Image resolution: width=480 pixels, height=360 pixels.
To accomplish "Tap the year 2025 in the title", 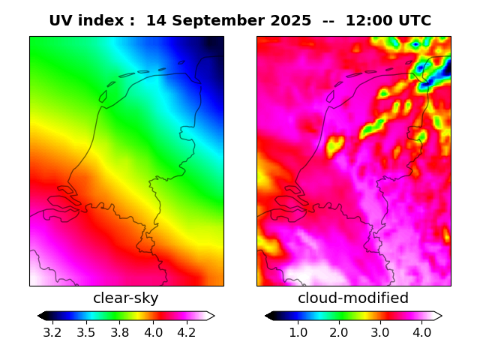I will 289,21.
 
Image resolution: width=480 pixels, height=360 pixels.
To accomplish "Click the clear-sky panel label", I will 126,298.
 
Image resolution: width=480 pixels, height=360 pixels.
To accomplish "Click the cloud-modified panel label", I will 353,298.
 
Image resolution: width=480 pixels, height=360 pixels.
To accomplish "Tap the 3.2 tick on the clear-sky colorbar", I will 52,332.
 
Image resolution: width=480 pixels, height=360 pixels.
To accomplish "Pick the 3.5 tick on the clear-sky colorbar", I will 86,332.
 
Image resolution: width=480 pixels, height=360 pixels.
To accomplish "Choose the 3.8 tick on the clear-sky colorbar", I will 119,332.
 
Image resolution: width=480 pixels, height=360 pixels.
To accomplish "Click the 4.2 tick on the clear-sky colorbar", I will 187,332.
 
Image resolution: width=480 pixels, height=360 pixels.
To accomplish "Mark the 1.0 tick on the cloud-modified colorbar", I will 298,332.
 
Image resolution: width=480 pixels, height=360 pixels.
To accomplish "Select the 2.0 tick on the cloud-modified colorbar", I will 339,332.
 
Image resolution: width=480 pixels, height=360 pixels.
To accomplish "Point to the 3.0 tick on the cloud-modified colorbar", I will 380,332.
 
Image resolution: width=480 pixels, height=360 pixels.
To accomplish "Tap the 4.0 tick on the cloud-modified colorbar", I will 421,332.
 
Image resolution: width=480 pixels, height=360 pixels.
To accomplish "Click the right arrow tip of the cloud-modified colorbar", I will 441,316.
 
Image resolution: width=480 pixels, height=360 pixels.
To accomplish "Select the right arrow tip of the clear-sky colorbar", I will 214,316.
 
